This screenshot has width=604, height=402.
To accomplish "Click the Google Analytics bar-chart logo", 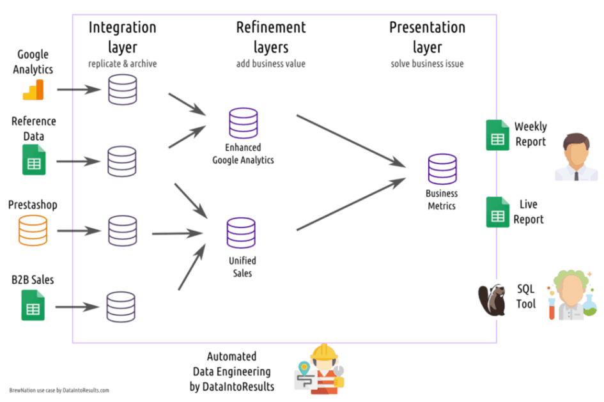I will pos(33,90).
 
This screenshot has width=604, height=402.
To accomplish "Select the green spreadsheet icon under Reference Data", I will pos(34,160).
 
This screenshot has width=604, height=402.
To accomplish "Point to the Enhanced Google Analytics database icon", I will pos(243,124).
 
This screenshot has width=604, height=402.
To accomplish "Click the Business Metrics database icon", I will pos(442,169).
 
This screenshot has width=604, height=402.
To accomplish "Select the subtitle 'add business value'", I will pos(271,64).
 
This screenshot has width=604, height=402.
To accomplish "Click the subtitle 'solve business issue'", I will pos(427,64).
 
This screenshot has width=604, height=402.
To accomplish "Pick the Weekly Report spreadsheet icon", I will pos(497,135).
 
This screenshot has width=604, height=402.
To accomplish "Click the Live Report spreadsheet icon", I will pos(497,212).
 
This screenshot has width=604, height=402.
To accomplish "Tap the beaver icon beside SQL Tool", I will pos(493,300).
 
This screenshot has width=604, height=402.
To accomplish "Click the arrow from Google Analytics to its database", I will pos(79,89).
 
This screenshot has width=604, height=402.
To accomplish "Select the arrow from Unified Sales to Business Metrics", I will pos(351,204).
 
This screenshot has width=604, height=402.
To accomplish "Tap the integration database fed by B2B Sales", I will pos(121,307).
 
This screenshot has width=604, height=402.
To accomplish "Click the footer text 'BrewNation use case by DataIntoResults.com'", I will pos(59,390).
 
